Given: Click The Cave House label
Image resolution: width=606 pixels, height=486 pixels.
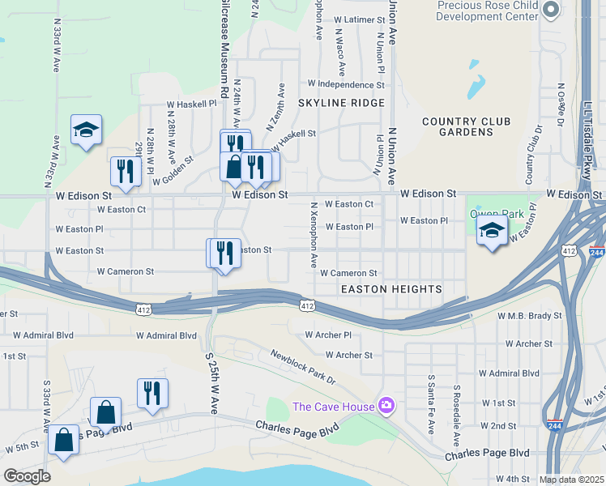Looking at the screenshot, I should coord(333,407).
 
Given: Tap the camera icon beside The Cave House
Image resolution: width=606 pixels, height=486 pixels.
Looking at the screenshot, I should coord(387,405).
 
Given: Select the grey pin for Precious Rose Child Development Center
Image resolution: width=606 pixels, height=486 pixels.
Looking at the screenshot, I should coord(552,10).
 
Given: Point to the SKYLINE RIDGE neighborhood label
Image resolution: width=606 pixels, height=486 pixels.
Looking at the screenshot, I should coord(341,103).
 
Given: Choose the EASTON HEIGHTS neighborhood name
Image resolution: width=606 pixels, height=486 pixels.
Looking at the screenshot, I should coord(391,289).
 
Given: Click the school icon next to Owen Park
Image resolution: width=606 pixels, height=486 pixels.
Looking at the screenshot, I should coord(492,231).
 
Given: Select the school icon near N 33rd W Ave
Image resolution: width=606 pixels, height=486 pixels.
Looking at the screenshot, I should coord(86,130).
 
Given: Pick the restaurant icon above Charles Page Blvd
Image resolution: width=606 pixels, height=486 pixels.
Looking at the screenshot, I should coord(152,394).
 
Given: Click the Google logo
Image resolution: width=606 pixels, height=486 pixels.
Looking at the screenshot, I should coord(27,476).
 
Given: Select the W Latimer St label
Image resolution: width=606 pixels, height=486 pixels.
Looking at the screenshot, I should coord(356,19).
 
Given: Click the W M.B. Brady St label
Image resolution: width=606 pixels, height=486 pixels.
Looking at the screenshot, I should coord(529,315).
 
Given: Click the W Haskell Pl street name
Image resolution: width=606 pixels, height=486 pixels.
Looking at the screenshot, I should coord(192,104).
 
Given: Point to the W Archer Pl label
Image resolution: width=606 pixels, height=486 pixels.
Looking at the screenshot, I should coord(328,335).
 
